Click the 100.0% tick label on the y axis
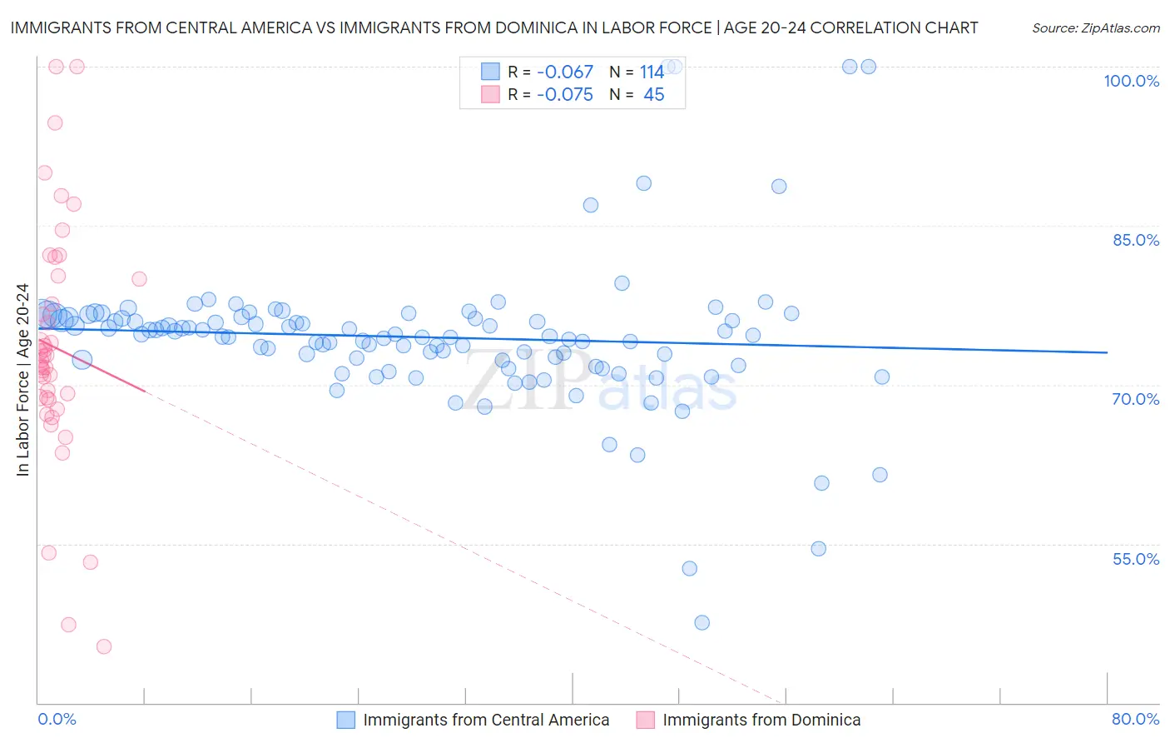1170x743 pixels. (1131, 81)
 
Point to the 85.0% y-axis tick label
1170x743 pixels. (1136, 240)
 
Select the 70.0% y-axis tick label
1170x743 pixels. (1136, 399)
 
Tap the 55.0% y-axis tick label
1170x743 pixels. (1136, 559)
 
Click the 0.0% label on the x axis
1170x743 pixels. (57, 719)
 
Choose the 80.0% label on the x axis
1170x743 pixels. (1135, 719)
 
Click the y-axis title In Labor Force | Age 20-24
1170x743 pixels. (22, 380)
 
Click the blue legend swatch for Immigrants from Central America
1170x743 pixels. (346, 720)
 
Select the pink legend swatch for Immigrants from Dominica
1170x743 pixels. (646, 720)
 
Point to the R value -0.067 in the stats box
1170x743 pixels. (564, 72)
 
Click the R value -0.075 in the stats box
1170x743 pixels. (564, 95)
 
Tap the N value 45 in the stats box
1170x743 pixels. (654, 95)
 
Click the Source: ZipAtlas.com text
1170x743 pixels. (1095, 28)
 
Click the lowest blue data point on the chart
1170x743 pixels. (702, 622)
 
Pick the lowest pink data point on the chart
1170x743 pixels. (104, 646)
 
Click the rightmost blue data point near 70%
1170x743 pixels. (882, 377)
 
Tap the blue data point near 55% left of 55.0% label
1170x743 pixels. (819, 549)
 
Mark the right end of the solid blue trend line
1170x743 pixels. (1107, 352)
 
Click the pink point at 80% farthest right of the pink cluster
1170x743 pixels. (139, 279)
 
